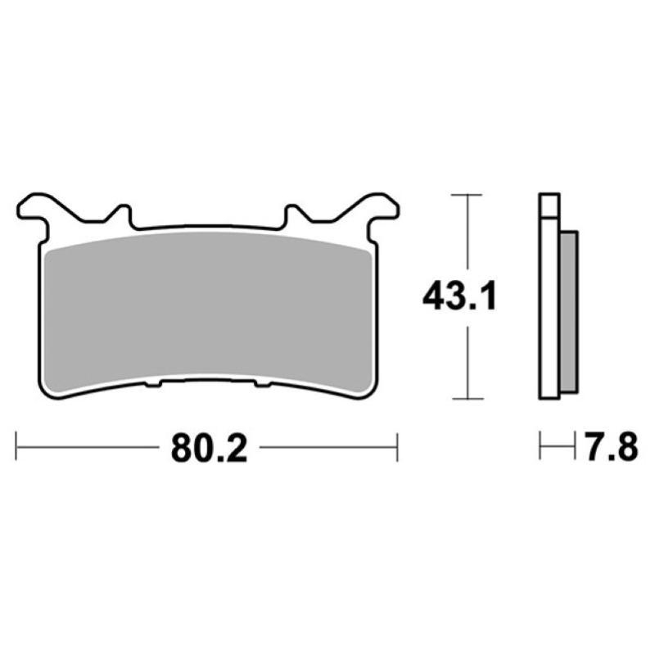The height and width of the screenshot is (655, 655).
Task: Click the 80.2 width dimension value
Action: click(x=209, y=449)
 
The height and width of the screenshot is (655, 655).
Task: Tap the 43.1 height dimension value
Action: click(x=459, y=297)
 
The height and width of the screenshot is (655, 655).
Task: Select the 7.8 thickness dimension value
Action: click(x=608, y=449)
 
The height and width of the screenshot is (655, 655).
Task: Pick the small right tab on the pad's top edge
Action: click(x=292, y=215)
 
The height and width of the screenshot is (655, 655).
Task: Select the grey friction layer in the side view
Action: click(x=570, y=311)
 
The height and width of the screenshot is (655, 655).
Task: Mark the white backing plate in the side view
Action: click(x=549, y=295)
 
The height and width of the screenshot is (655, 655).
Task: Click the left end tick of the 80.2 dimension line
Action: click(x=17, y=449)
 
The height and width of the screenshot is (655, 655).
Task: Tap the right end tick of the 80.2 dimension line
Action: click(x=397, y=449)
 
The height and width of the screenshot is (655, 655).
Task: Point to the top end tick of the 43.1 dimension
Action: click(x=466, y=195)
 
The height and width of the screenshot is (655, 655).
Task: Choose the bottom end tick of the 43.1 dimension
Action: click(x=466, y=400)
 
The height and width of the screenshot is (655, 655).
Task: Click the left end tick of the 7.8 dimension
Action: click(x=540, y=449)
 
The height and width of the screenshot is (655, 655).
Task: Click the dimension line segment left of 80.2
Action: click(x=86, y=449)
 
